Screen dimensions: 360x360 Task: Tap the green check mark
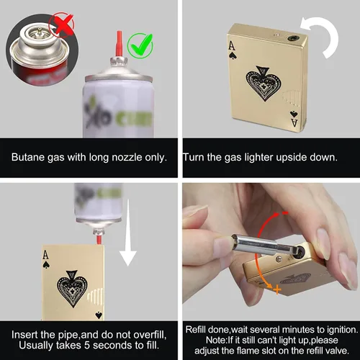(x=140, y=45)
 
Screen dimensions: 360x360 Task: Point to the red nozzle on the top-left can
(x=120, y=44)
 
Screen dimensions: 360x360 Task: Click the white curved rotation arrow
(x=320, y=36)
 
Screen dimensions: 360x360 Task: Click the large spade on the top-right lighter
(x=264, y=84)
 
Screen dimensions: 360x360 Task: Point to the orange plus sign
(x=277, y=289)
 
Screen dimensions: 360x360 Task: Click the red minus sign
(x=285, y=212)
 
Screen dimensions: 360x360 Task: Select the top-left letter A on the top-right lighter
(x=231, y=45)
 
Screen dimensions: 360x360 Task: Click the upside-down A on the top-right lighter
(x=294, y=122)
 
